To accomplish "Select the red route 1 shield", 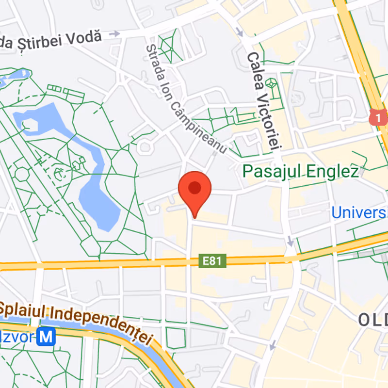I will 378,116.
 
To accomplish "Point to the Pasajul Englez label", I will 301,171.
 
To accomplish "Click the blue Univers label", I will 359,212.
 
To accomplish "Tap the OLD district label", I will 373,319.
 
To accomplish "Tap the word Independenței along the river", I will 102,326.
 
